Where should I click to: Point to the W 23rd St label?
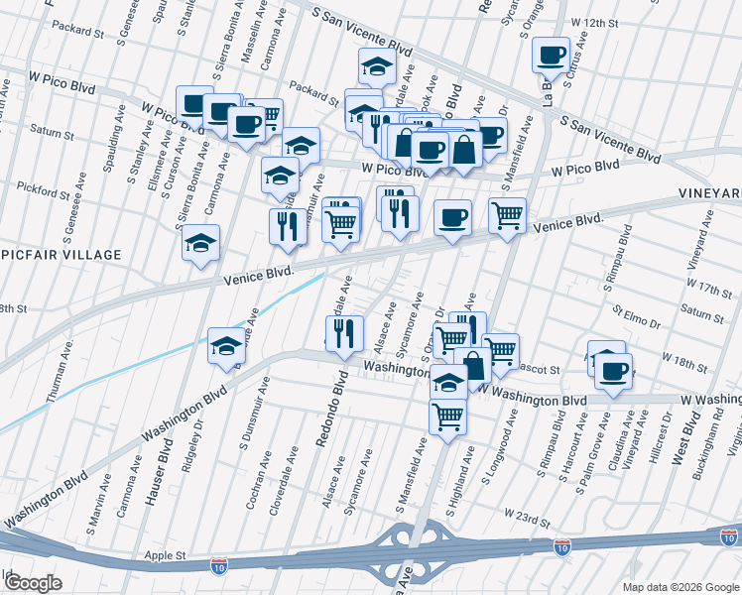pyautogui.click(x=526, y=516)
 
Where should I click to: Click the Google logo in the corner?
pyautogui.click(x=32, y=582)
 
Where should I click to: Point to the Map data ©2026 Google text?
pyautogui.click(x=680, y=586)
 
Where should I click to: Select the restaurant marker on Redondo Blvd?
pyautogui.click(x=343, y=333)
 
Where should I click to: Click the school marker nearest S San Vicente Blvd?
pyautogui.click(x=376, y=67)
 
